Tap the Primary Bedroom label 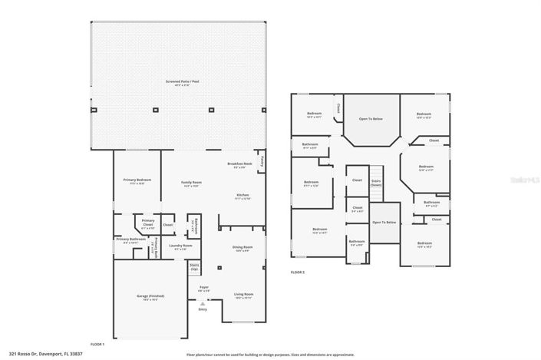(x=137, y=180)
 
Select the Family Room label (x=190, y=183)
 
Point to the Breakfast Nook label (x=240, y=164)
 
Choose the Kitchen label (x=242, y=197)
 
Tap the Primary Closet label (x=148, y=223)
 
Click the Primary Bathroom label (x=131, y=240)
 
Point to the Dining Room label (x=242, y=247)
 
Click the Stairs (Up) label (x=194, y=268)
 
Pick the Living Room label (x=242, y=294)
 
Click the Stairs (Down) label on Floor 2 (x=376, y=183)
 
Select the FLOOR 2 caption (x=298, y=272)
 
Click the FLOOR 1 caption (x=97, y=344)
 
